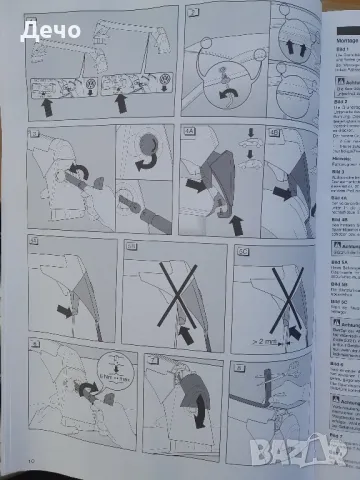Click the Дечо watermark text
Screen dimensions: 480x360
52,30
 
